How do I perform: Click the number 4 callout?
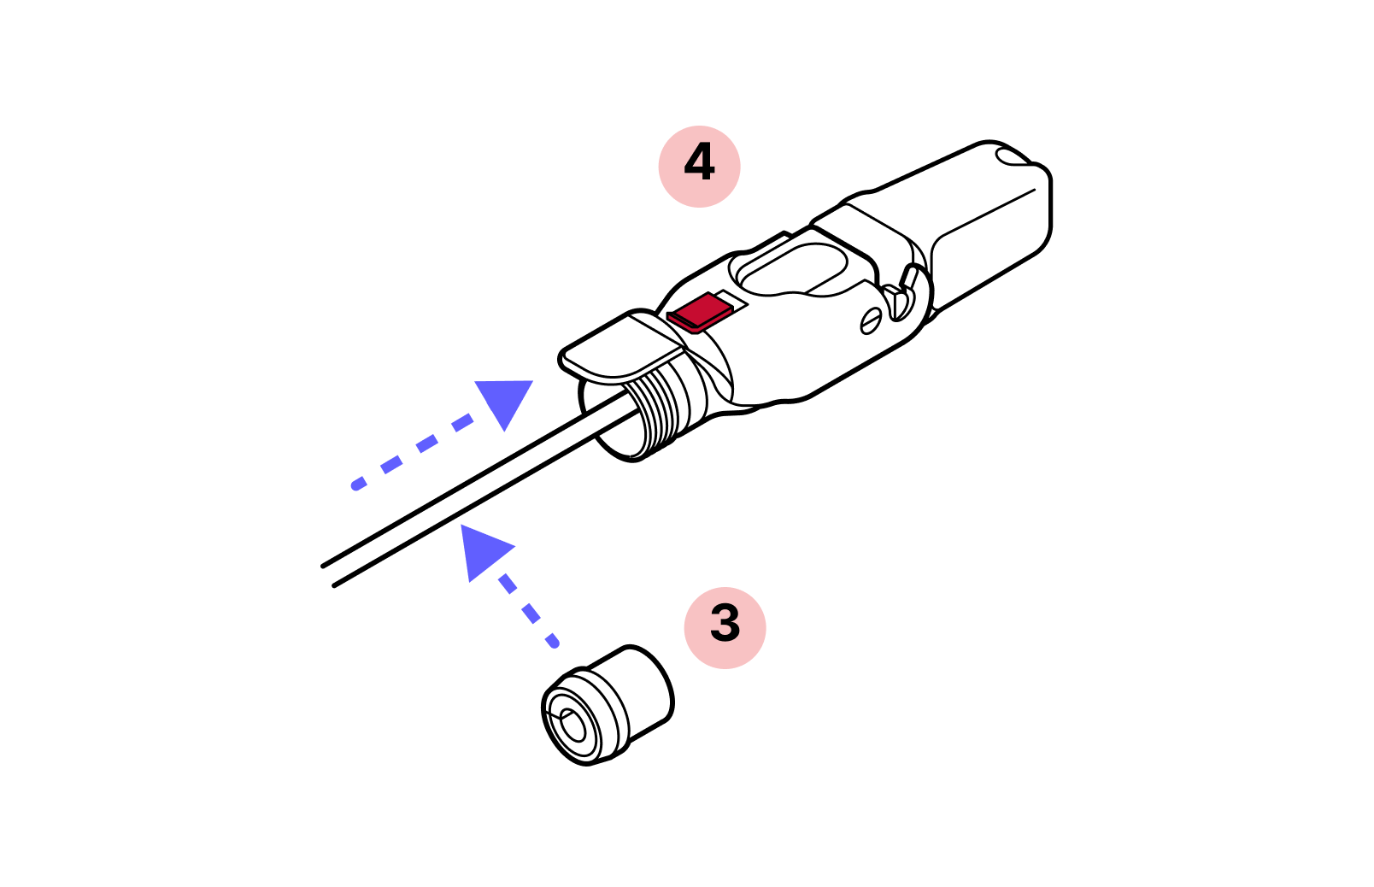click(x=699, y=167)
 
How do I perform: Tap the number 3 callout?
click(x=725, y=627)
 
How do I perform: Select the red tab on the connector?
click(x=700, y=312)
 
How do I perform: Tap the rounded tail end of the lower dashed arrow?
click(x=554, y=642)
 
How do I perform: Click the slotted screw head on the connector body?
click(x=871, y=320)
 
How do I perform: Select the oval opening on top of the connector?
click(x=791, y=268)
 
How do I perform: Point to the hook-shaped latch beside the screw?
click(x=901, y=293)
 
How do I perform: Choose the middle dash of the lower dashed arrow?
click(x=531, y=613)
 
